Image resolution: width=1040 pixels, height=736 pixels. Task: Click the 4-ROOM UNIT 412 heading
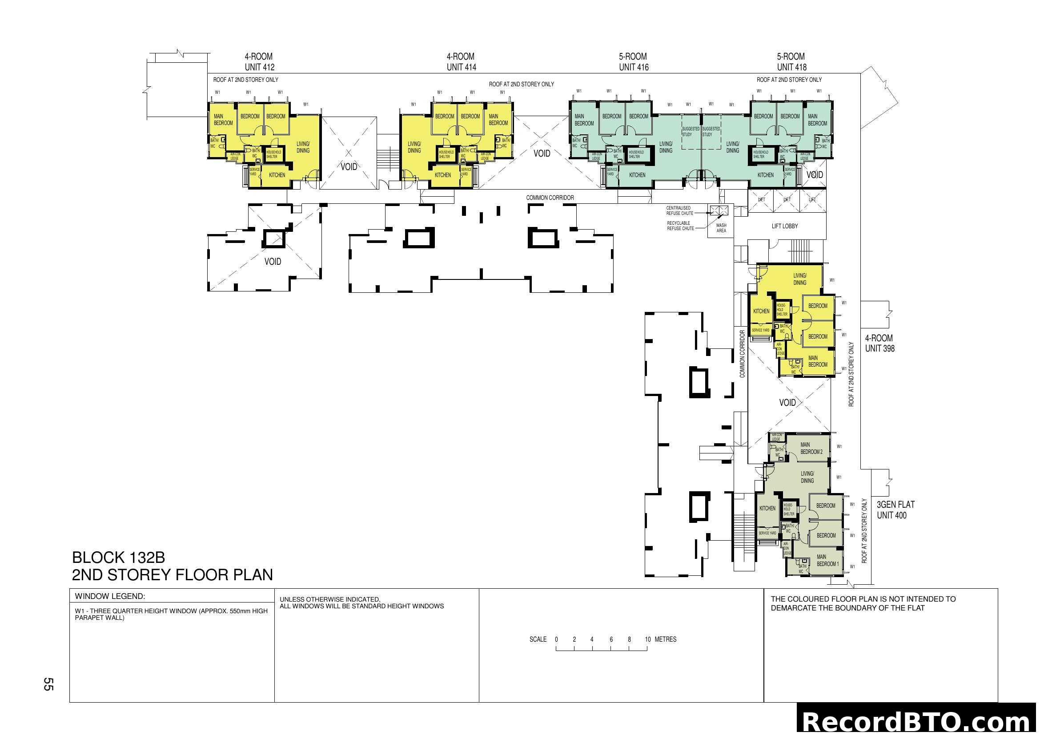259,62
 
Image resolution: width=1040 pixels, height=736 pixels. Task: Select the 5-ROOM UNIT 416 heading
633,62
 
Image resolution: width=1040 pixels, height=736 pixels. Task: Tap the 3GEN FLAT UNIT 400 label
895,510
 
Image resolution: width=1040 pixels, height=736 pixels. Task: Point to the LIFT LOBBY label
784,226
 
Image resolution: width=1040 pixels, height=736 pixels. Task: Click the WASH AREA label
721,228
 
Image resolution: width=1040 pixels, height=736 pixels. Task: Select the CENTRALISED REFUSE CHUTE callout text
679,211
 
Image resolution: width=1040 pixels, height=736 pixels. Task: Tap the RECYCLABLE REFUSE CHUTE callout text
680,226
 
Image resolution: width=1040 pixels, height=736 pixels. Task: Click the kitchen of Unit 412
277,175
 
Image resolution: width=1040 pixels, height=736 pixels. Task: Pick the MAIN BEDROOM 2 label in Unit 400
811,448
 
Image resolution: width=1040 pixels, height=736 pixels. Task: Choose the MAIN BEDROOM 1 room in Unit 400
827,561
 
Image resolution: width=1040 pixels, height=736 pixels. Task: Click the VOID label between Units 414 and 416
541,154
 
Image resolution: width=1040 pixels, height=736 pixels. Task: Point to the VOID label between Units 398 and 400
787,402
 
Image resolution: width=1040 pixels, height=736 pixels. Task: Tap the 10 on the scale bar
647,639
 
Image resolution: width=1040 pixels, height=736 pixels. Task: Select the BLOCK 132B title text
118,557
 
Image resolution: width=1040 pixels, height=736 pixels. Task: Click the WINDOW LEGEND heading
110,596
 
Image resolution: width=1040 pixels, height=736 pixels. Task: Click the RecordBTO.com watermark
917,721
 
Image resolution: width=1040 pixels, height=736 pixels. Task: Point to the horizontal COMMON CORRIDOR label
550,198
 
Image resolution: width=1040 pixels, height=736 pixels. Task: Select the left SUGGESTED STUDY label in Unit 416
691,131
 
